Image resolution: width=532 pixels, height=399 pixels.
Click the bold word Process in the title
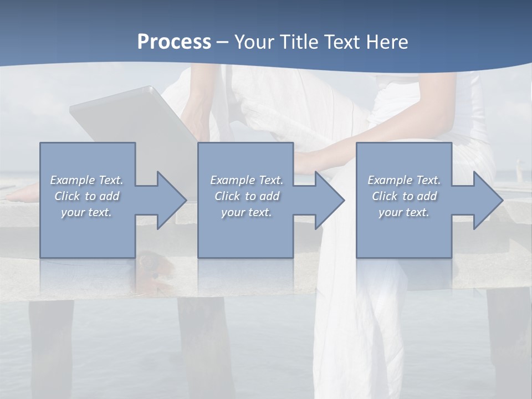(174, 42)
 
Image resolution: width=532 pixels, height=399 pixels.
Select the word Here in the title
(387, 42)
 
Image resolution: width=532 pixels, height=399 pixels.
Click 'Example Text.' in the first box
(87, 180)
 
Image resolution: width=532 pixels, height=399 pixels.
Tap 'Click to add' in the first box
(87, 196)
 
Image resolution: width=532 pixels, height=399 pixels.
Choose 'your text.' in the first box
(87, 212)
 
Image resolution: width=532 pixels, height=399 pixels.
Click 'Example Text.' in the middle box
(247, 180)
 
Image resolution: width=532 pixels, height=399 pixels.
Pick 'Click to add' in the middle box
(247, 196)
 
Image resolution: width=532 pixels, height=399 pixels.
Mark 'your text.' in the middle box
(247, 212)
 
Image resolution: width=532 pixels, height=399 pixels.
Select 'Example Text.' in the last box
(404, 180)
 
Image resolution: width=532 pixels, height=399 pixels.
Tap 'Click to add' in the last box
(404, 196)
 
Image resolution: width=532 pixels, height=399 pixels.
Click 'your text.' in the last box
(404, 212)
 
